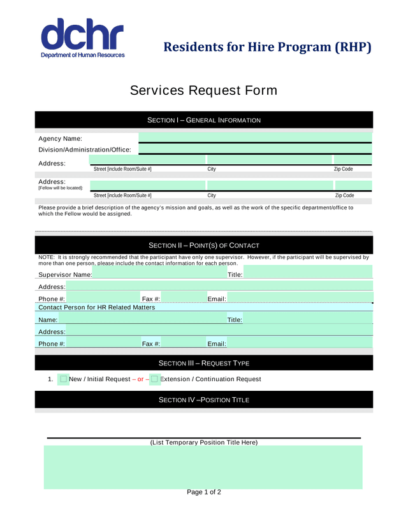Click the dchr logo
coord(82,38)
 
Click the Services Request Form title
coord(203,90)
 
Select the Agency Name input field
coord(254,137)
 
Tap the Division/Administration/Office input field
coord(254,149)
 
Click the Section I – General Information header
coord(203,120)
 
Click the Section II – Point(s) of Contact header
coord(203,246)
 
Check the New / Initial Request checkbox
coord(63,379)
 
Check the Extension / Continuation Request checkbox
coord(154,379)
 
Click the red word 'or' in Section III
coord(141,379)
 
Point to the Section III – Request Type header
coord(203,363)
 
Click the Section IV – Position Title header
coord(203,400)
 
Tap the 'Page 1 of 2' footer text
coord(203,492)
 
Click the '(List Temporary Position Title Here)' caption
coord(203,442)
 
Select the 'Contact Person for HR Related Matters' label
coord(96,307)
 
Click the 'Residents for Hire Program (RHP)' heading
coord(267,47)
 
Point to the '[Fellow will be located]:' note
coord(61,188)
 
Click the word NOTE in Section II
coord(46,257)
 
